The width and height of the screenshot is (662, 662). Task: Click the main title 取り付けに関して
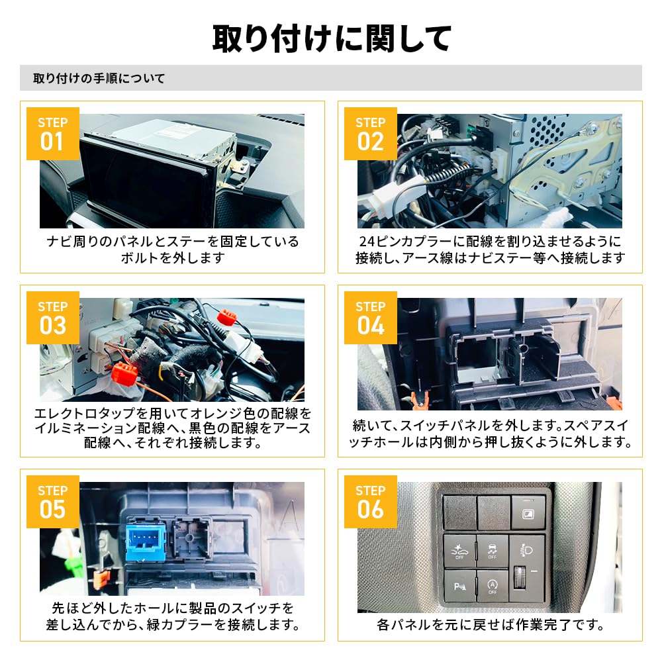tap(331, 38)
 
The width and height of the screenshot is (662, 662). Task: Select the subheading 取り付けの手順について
tap(99, 79)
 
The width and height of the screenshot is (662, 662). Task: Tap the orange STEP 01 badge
tap(52, 133)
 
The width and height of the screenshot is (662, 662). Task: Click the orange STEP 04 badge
tap(370, 317)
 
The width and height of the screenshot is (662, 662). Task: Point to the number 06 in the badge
tap(370, 510)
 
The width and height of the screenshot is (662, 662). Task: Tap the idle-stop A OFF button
tap(493, 587)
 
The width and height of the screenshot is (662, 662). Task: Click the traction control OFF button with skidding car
tap(493, 549)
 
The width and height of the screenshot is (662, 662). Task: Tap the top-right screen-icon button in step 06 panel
tap(529, 513)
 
